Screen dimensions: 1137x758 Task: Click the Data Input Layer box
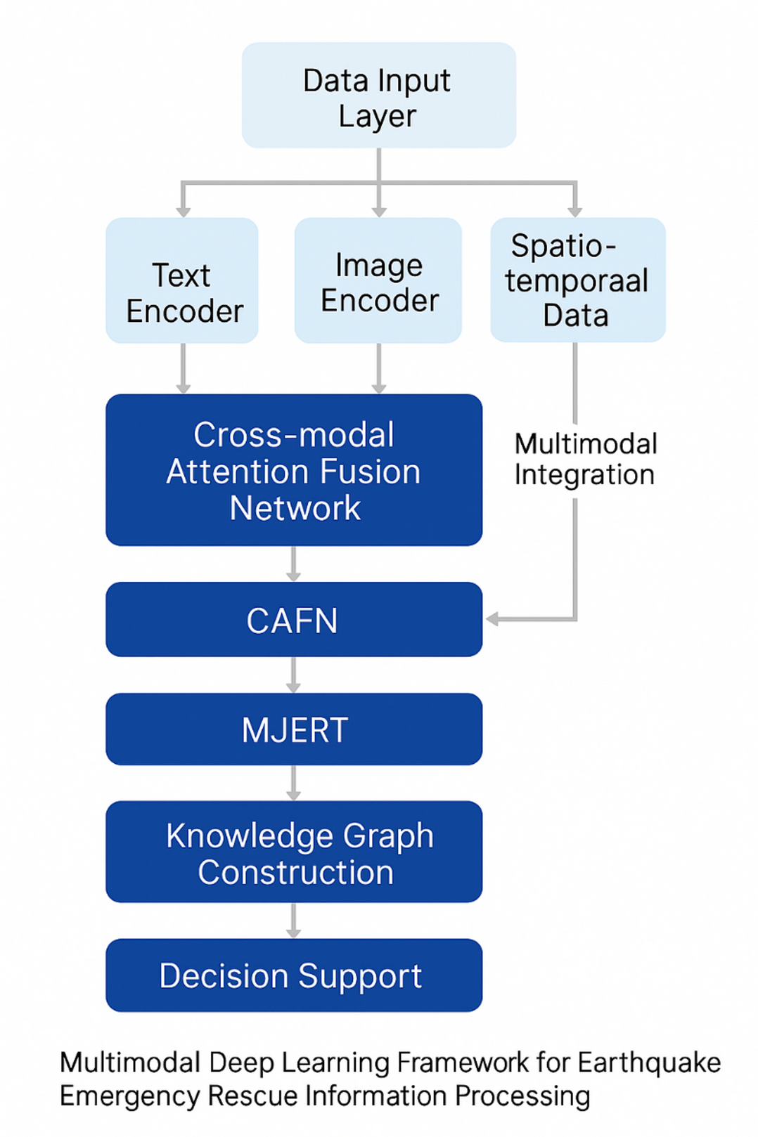coord(378,96)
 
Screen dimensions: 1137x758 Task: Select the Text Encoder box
coord(182,280)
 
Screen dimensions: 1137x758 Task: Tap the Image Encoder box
coord(378,280)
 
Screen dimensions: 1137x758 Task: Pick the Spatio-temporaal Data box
coord(577,280)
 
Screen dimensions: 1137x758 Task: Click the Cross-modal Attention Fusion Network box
coord(294,469)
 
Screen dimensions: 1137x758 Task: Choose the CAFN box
coord(294,619)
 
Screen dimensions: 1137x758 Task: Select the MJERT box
coord(294,729)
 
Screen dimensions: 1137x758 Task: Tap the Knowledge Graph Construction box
coord(294,852)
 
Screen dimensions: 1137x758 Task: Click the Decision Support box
coord(294,975)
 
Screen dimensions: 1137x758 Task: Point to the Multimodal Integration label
coord(584,460)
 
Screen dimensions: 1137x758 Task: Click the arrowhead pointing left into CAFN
coord(492,619)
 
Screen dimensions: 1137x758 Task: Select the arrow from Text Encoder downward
coord(183,369)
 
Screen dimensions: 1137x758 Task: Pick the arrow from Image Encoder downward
coord(379,369)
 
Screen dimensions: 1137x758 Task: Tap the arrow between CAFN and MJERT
coord(294,675)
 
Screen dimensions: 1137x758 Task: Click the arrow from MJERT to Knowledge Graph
coord(294,783)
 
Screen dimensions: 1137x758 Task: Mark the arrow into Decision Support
coord(294,921)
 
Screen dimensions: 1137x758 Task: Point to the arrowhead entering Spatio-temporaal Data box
coord(575,211)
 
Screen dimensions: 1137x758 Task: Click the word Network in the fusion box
coord(295,508)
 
